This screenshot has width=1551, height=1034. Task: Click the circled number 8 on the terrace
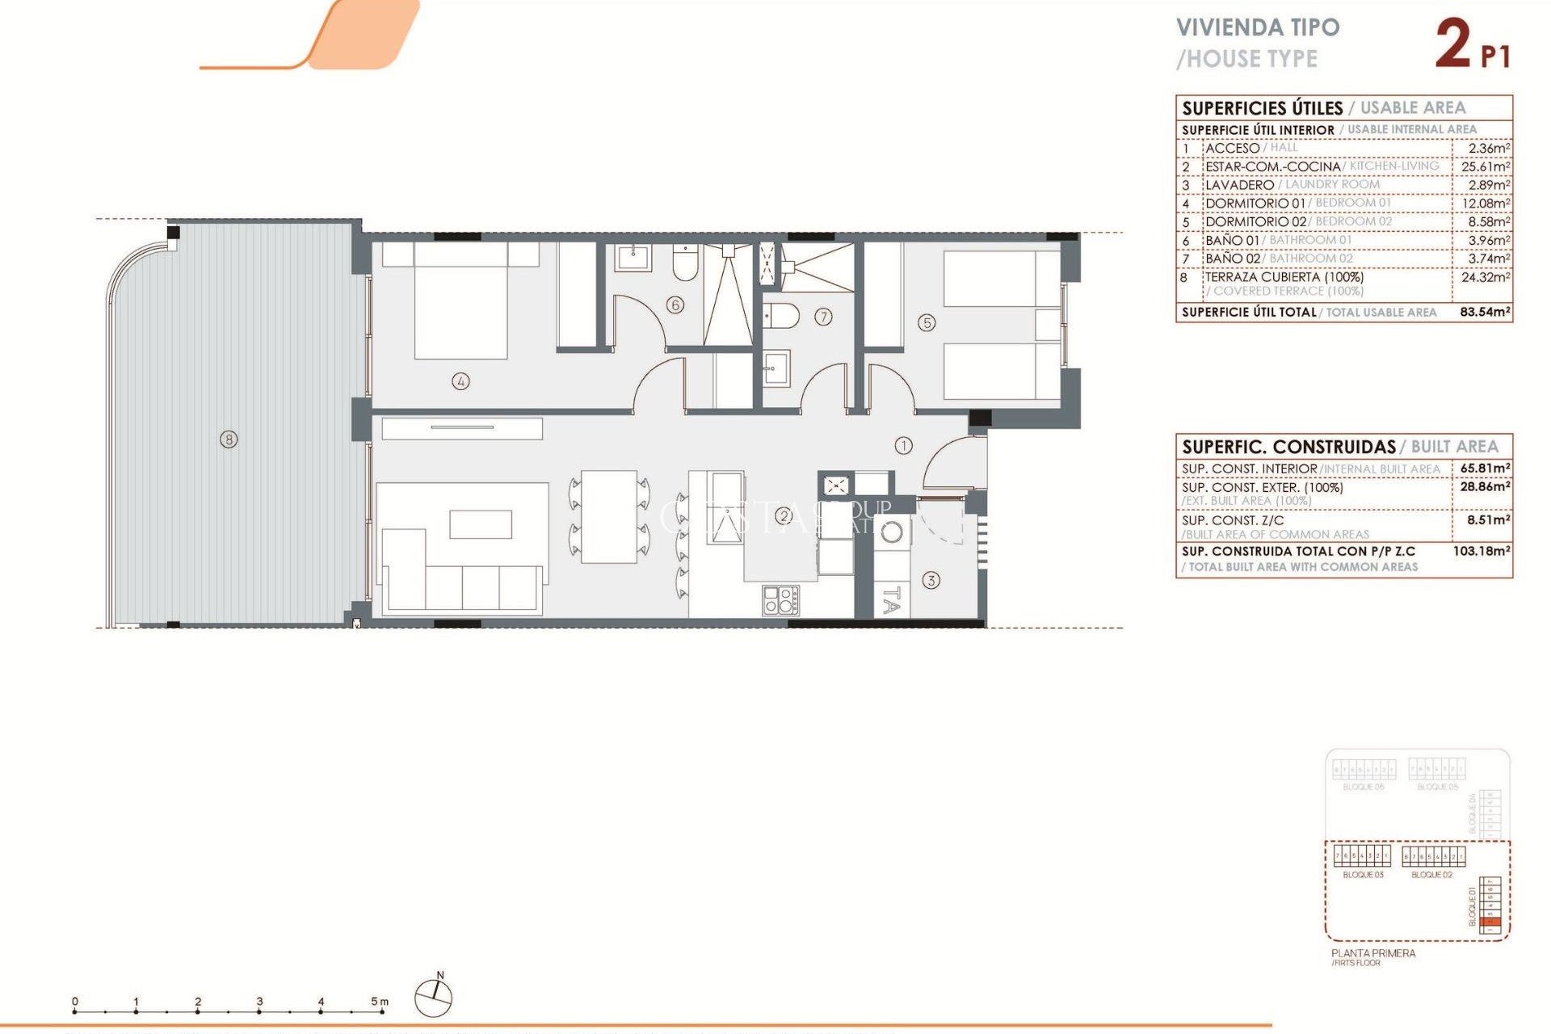pyautogui.click(x=229, y=439)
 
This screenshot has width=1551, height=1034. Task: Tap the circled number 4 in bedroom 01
pyautogui.click(x=460, y=381)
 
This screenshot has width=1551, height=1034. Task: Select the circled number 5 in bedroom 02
pyautogui.click(x=927, y=323)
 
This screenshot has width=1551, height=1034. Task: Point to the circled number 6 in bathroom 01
pyautogui.click(x=675, y=305)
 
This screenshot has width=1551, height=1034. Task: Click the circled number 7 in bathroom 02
pyautogui.click(x=823, y=317)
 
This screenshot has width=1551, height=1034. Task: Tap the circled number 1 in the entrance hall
pyautogui.click(x=903, y=445)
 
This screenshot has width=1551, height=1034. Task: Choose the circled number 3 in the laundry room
pyautogui.click(x=931, y=580)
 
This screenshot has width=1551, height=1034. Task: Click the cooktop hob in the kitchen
pyautogui.click(x=780, y=600)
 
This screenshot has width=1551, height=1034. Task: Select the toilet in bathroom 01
pyautogui.click(x=685, y=263)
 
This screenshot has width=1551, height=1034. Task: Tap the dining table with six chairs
pyautogui.click(x=609, y=517)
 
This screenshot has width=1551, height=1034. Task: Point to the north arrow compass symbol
pyautogui.click(x=434, y=997)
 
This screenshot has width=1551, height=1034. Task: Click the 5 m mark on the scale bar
pyautogui.click(x=380, y=1002)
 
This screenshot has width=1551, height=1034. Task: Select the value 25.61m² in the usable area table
pyautogui.click(x=1485, y=166)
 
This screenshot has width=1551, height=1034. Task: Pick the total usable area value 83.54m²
pyautogui.click(x=1485, y=312)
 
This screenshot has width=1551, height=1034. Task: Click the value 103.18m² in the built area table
pyautogui.click(x=1481, y=551)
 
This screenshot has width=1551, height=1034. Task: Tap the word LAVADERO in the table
pyautogui.click(x=1239, y=185)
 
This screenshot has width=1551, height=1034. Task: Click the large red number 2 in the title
pyautogui.click(x=1452, y=45)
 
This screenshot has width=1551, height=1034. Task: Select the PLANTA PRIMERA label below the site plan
pyautogui.click(x=1373, y=953)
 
